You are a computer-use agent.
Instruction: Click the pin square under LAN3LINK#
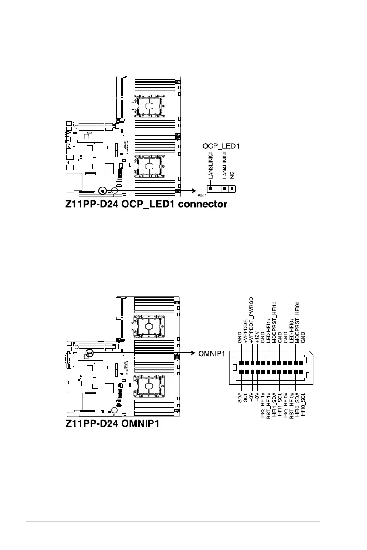(x=211, y=188)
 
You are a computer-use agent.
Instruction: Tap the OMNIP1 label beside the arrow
(x=212, y=354)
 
